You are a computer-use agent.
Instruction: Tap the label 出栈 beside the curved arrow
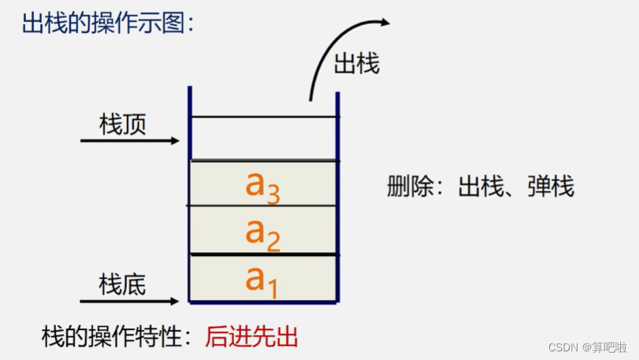click(357, 64)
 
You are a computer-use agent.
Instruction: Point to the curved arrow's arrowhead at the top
click(384, 22)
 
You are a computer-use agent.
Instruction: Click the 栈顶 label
click(123, 124)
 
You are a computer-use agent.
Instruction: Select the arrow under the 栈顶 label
click(130, 142)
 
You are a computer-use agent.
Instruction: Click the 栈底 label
click(123, 284)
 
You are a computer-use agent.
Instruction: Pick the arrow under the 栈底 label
click(130, 301)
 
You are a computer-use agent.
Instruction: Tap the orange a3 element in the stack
click(263, 185)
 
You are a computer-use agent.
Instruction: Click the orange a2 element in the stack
click(263, 232)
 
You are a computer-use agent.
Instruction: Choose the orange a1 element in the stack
click(262, 280)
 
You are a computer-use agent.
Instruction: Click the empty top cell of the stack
click(264, 139)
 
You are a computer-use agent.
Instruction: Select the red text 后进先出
click(252, 337)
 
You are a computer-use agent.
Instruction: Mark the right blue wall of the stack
click(338, 197)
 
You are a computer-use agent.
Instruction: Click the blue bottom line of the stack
click(264, 302)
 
